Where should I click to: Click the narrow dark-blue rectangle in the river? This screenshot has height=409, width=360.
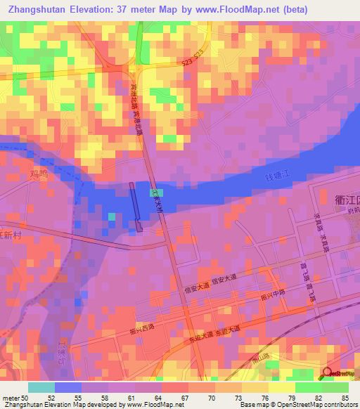point(135,207)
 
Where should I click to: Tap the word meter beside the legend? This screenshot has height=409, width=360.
point(11,398)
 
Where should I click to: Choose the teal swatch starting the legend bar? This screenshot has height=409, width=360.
point(41,387)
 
